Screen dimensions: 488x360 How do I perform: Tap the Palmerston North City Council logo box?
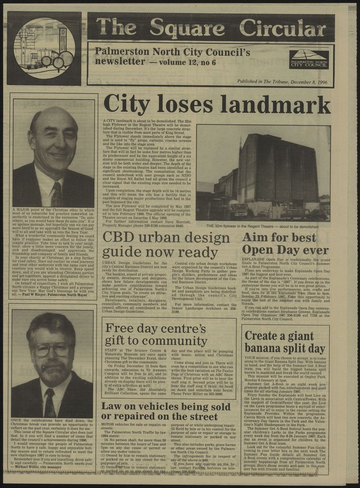pos(309,59)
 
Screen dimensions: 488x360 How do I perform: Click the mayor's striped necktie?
pos(56,194)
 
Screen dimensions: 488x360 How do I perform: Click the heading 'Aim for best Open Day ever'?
pos(286,243)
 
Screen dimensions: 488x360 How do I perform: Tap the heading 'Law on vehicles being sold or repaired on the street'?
pos(166,411)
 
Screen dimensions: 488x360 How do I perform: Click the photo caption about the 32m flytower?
pos(262,226)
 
